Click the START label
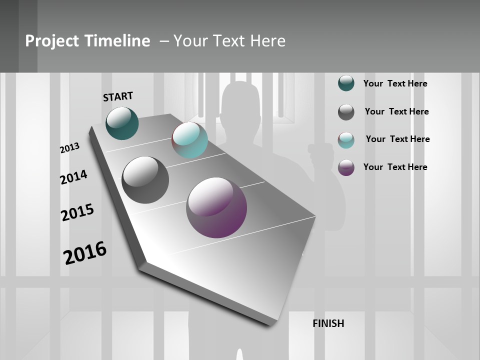[118, 96]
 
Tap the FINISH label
[328, 323]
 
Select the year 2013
[70, 148]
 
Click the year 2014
[73, 177]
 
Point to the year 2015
[77, 212]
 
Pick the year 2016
[85, 252]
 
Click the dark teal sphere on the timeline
[122, 123]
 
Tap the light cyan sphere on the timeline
[189, 140]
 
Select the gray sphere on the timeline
[145, 180]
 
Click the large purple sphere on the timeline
[216, 207]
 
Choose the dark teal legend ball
[346, 83]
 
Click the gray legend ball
[346, 112]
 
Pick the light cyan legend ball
[346, 140]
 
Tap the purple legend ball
[346, 167]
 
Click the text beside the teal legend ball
[395, 83]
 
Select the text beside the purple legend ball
[395, 167]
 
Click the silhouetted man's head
[240, 102]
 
